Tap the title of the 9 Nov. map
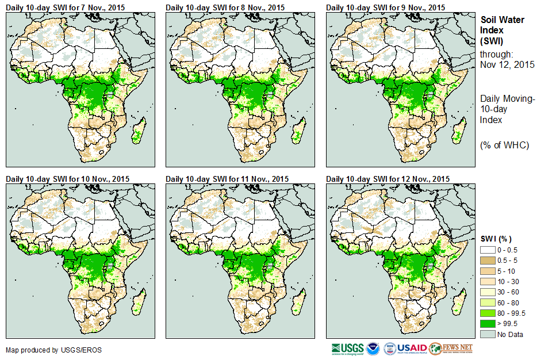click(x=385, y=7)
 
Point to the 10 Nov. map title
click(x=67, y=179)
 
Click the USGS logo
click(x=347, y=348)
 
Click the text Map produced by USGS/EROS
click(x=45, y=350)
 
